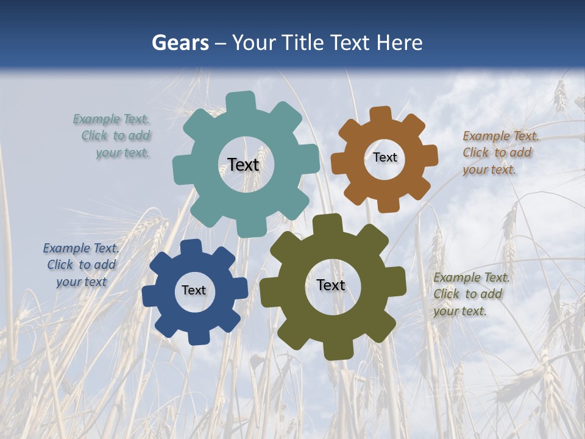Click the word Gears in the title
tap(180, 43)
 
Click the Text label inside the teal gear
tap(243, 165)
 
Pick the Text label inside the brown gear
tap(385, 157)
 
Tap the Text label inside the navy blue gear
tap(193, 290)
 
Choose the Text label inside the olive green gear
tap(330, 285)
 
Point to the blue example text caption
tap(81, 265)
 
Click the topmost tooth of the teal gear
tap(241, 101)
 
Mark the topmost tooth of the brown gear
tap(381, 115)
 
